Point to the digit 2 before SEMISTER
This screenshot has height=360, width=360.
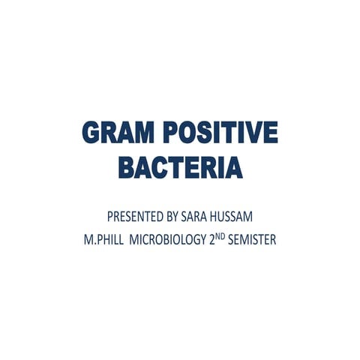pos(212,241)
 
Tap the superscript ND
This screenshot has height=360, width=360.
pos(220,238)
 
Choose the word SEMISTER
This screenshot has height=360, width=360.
pos(252,241)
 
